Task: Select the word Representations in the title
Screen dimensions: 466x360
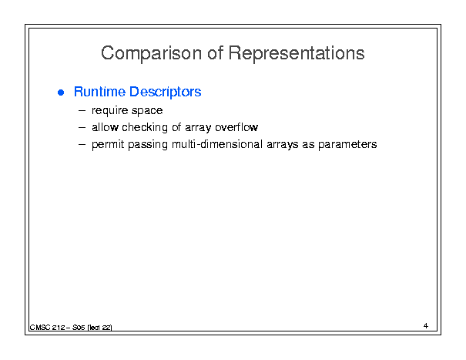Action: pos(297,53)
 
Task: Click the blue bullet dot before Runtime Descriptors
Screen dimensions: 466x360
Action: pos(61,93)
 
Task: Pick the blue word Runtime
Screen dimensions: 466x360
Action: pos(99,91)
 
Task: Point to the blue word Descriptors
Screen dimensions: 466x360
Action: pos(166,92)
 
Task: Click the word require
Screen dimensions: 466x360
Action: pos(109,111)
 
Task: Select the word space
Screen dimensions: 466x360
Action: pos(147,111)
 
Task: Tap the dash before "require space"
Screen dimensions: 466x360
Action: pos(82,111)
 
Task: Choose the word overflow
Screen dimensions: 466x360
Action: pos(236,127)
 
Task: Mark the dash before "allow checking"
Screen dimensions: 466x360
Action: pos(82,128)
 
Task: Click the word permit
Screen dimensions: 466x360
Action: pos(108,145)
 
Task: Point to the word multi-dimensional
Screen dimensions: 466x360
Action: pos(217,144)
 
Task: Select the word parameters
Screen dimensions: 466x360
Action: pos(347,145)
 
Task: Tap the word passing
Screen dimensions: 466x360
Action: pos(148,145)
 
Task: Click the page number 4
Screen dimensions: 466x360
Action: pos(426,326)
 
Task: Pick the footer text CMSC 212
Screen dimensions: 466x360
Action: pos(47,328)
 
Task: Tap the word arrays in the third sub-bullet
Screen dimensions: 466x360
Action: pos(283,145)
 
